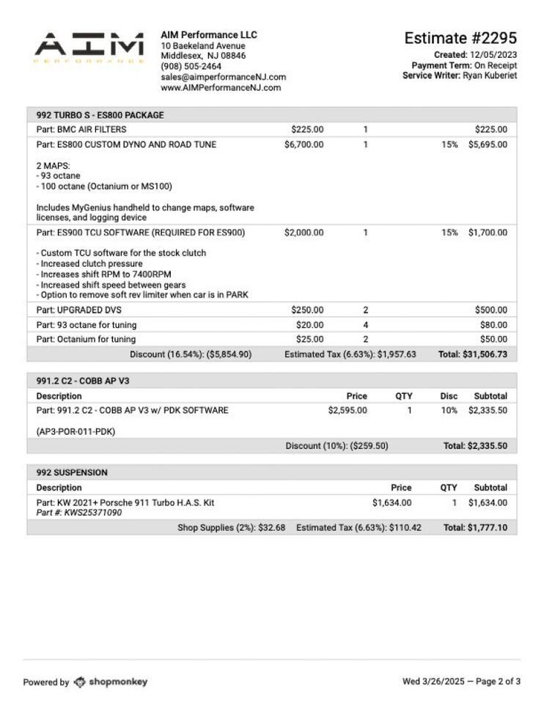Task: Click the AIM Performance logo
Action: pos(89,48)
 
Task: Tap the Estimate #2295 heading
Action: pos(460,38)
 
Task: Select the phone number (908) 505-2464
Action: pos(191,66)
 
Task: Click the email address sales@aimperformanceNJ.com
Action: pos(224,77)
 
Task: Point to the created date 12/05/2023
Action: pos(493,55)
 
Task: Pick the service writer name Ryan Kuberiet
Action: pos(489,76)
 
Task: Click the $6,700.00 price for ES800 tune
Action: pos(304,144)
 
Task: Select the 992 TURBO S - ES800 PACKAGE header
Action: pos(100,115)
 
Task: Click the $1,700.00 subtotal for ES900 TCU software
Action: pos(487,232)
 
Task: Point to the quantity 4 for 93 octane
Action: pos(365,325)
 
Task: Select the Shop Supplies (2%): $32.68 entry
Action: pos(231,527)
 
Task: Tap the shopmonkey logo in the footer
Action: pos(111,682)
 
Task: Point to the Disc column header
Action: pos(449,396)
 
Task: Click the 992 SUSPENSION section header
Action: pos(72,472)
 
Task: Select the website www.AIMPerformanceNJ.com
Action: pos(221,87)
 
